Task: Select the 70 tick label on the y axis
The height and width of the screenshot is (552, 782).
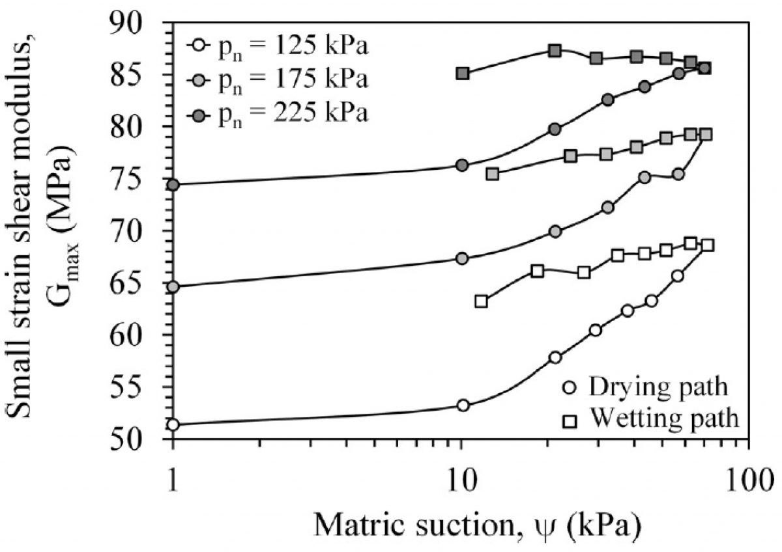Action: pos(140,231)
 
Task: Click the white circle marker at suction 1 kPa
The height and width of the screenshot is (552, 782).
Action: pos(173,425)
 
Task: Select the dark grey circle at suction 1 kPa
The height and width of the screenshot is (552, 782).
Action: pos(173,185)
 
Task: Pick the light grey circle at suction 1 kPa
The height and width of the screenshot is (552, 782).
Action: pos(173,286)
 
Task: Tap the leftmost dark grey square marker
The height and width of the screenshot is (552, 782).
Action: pos(463,73)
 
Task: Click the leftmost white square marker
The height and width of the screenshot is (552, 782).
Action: pos(482,301)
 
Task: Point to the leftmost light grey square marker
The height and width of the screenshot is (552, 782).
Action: pos(493,174)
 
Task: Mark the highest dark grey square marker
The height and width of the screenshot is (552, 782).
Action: pos(555,51)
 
